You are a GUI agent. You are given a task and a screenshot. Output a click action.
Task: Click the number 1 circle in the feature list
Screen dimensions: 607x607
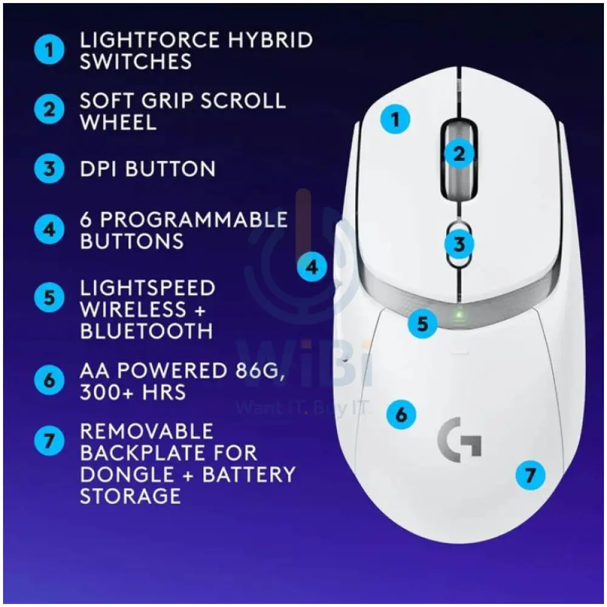click(49, 50)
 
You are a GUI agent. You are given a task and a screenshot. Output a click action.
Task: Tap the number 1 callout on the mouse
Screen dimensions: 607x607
click(395, 119)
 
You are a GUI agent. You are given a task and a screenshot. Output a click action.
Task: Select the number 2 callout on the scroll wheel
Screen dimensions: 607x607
click(459, 154)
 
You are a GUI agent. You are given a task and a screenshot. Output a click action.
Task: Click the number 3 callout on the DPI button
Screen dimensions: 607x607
click(459, 244)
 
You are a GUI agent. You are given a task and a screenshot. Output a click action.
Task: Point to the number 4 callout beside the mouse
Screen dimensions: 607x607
click(312, 266)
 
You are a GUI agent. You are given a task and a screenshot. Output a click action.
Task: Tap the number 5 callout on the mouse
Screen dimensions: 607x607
click(422, 323)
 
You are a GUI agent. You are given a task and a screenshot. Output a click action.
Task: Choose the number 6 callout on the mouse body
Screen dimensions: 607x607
click(401, 415)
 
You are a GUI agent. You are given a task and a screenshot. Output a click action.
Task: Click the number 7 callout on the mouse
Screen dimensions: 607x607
click(530, 475)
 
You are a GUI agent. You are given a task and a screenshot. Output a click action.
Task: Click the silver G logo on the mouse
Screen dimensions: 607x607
click(459, 439)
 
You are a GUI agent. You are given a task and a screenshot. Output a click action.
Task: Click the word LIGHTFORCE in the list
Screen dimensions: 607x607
click(149, 40)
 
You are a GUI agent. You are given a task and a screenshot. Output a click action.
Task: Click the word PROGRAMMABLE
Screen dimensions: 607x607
click(194, 219)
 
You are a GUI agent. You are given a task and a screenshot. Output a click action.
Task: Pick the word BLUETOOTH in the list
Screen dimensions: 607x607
click(146, 331)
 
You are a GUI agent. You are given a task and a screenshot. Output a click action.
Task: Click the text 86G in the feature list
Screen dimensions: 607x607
click(257, 370)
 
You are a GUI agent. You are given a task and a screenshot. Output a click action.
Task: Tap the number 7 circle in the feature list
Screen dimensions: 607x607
click(49, 440)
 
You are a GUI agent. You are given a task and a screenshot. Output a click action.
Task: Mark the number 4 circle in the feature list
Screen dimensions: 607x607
click(49, 229)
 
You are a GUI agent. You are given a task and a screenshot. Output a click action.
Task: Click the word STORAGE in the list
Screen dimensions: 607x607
click(130, 496)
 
